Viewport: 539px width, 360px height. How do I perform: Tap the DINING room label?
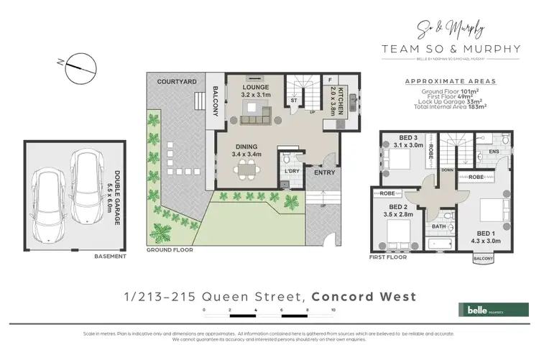(x=246, y=147)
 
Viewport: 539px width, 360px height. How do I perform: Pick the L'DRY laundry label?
(x=290, y=170)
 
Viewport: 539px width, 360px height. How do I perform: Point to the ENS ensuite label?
(x=494, y=152)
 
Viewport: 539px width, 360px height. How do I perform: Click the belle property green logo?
(x=486, y=310)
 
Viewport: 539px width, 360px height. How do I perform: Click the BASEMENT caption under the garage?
(x=110, y=256)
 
